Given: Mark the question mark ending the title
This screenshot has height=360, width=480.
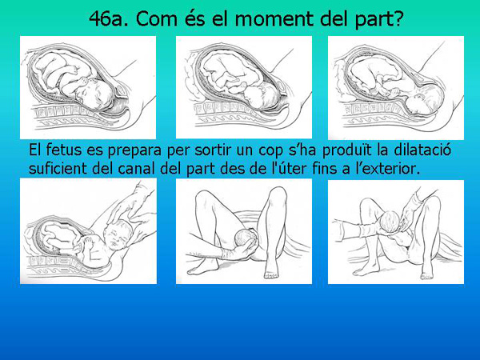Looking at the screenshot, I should click(394, 18).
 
